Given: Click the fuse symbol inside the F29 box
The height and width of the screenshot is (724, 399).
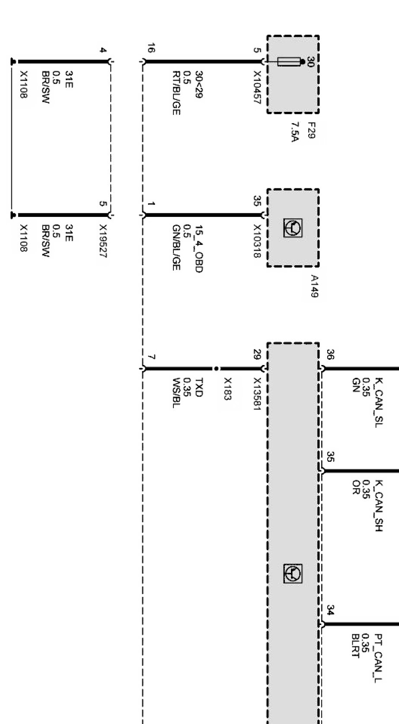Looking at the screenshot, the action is [289, 62].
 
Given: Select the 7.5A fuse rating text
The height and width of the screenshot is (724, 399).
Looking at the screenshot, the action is [295, 132].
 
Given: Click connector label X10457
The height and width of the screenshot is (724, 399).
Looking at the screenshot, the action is [257, 87].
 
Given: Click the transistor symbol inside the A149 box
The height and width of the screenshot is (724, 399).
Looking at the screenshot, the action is [293, 228].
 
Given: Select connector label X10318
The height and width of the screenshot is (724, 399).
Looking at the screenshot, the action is [257, 241].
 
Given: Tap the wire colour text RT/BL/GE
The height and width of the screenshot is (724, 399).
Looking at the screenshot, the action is [176, 93].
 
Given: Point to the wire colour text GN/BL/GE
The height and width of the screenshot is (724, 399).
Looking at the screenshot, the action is [176, 248].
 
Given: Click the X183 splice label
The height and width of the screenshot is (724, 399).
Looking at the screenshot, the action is [227, 389].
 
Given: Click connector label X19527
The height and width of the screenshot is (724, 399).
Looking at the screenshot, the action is [103, 241].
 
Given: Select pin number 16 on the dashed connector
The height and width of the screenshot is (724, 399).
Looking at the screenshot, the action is [150, 48].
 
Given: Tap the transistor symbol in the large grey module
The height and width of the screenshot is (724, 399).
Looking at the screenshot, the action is [293, 574].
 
